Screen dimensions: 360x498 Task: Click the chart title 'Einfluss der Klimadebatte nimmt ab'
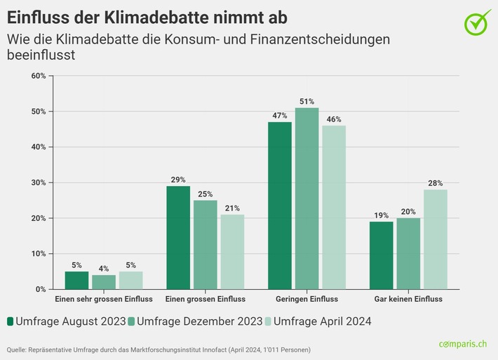click(x=148, y=15)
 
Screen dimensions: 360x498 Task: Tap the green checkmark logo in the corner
click(x=478, y=22)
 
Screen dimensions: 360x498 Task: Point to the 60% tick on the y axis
click(x=38, y=76)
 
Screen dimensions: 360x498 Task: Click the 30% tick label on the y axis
click(x=38, y=182)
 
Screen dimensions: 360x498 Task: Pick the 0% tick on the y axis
click(x=40, y=289)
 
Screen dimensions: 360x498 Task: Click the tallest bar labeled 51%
click(x=307, y=199)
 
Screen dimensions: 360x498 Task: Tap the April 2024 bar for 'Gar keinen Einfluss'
click(x=435, y=239)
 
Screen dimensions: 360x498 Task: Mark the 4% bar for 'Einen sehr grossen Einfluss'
click(x=103, y=281)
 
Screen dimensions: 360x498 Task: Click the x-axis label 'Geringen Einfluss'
click(x=307, y=299)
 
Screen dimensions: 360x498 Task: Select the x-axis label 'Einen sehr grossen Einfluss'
click(x=104, y=299)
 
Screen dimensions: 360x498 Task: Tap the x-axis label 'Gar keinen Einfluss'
click(x=408, y=299)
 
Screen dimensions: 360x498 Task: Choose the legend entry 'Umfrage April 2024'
click(x=320, y=321)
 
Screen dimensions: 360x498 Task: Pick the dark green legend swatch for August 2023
click(x=11, y=321)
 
